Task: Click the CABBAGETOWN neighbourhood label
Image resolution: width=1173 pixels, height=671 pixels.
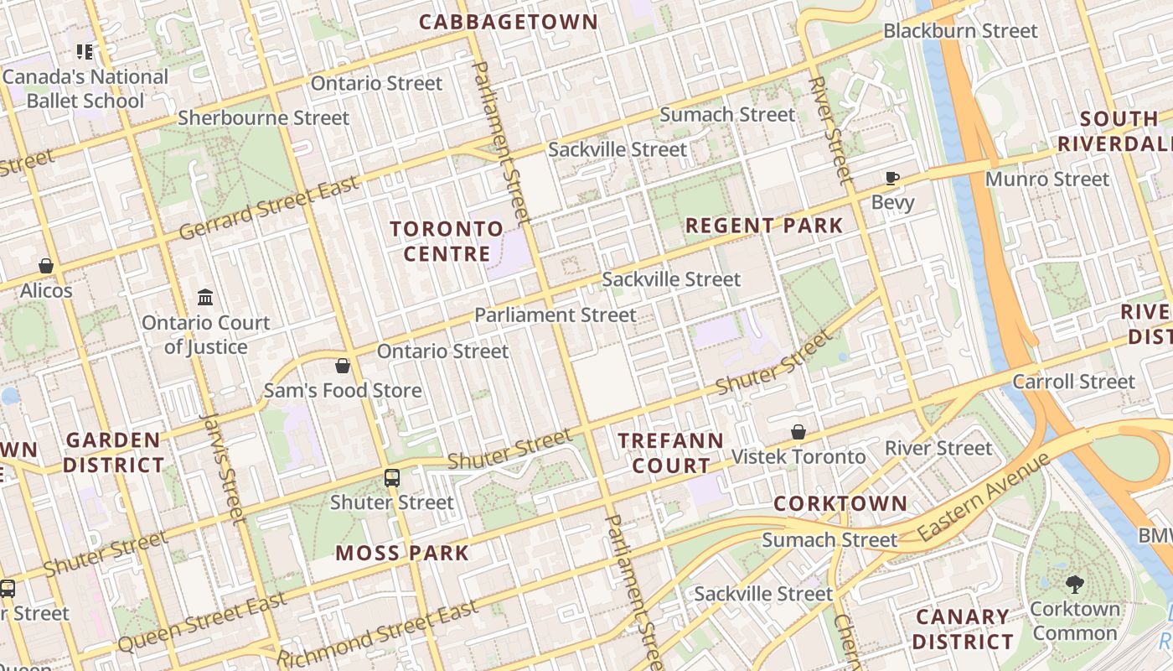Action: pos(509,23)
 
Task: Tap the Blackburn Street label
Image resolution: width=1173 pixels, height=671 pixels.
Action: pos(960,31)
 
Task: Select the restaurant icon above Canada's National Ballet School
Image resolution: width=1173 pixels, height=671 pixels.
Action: pos(85,53)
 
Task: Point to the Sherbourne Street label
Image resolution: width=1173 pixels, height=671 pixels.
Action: pos(263,118)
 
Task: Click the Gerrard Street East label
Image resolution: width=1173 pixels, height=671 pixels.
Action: pos(269,206)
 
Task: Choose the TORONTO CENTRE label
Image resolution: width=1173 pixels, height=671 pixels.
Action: pos(447,241)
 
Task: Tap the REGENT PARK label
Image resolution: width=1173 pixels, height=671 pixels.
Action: pos(764,226)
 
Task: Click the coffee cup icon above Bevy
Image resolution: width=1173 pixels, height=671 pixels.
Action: pos(892,178)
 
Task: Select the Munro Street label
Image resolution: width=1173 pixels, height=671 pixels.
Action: pos(1046,179)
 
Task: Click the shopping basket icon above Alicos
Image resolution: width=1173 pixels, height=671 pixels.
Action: pos(46,266)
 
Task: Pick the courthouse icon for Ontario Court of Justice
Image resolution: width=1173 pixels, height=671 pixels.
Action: pos(205,297)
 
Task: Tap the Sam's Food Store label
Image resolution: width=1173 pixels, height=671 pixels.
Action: pos(343,390)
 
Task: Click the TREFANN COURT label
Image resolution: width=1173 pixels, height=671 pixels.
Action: pos(670,453)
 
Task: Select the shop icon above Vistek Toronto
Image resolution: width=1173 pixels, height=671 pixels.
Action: pos(798,432)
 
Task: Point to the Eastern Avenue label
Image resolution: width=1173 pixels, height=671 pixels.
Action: pos(983,497)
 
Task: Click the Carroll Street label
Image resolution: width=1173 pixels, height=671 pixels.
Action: pos(1073,382)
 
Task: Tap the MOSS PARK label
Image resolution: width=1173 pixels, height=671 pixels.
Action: pos(402,553)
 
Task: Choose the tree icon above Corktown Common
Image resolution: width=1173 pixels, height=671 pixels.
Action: pos(1074,584)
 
